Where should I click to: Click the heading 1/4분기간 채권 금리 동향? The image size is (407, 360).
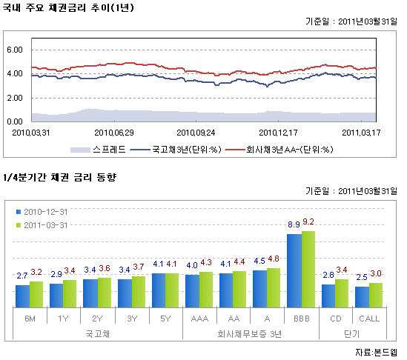pyautogui.click(x=59, y=178)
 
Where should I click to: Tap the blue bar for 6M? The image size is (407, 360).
pyautogui.click(x=22, y=296)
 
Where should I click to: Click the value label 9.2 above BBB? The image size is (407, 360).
pyautogui.click(x=308, y=222)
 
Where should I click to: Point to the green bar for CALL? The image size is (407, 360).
pyautogui.click(x=376, y=296)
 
